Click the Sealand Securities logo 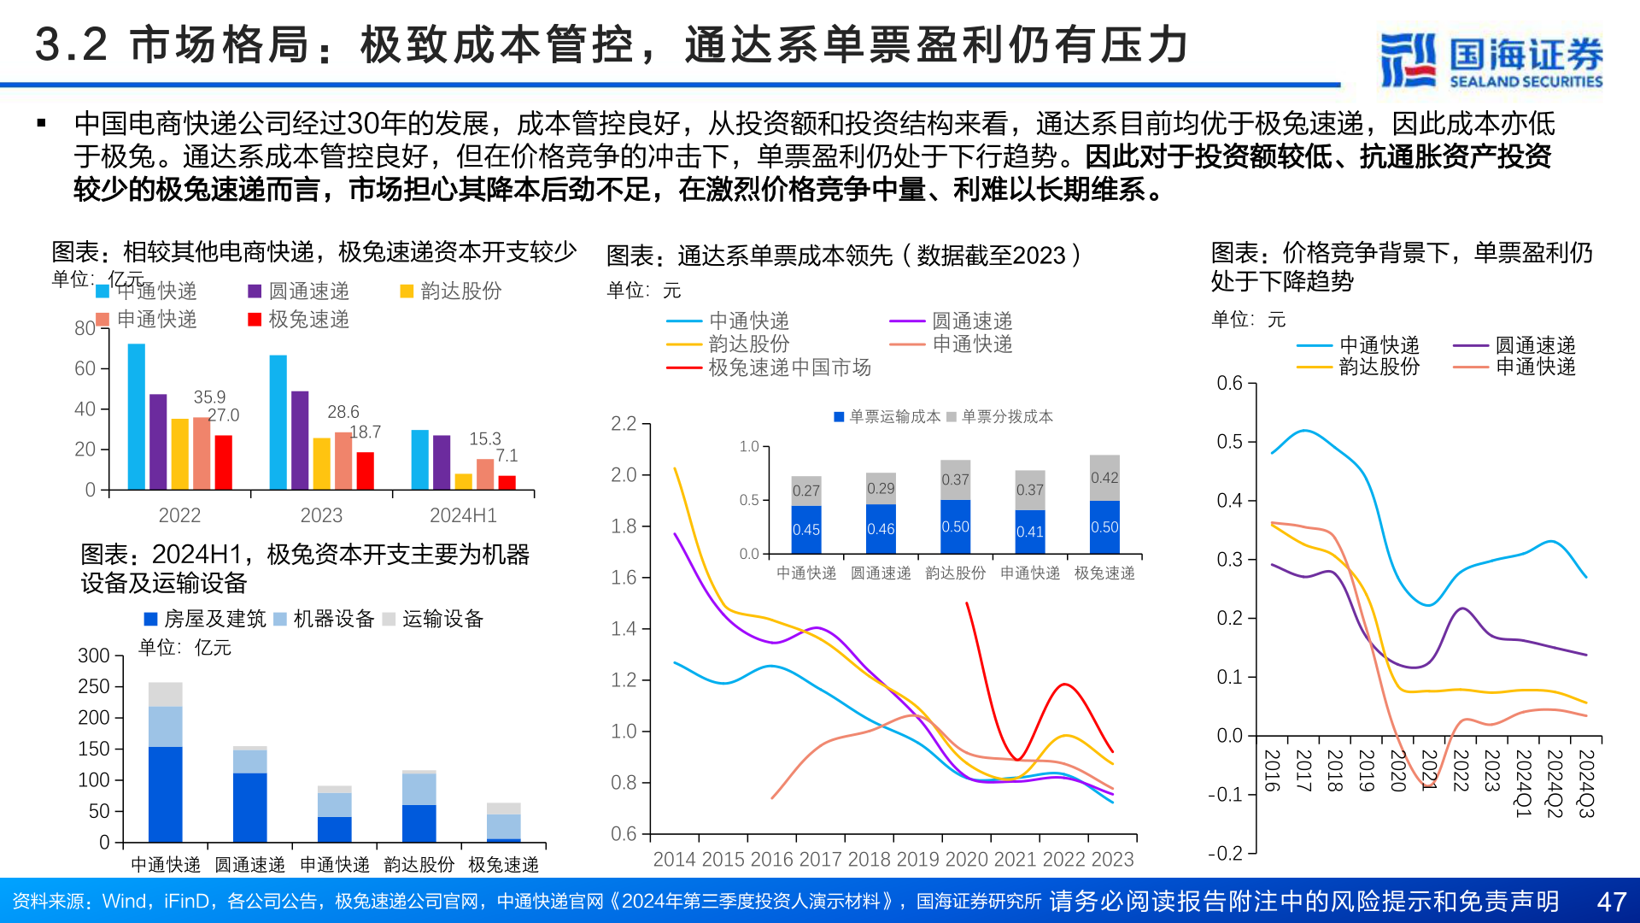[x=1491, y=60]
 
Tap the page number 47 [x=1611, y=902]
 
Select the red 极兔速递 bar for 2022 [x=223, y=461]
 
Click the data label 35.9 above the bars [x=209, y=397]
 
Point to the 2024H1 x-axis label [x=463, y=515]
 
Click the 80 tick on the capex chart [x=85, y=328]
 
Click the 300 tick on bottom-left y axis [x=94, y=656]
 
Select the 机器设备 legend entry [x=325, y=619]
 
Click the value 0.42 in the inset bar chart [x=1104, y=478]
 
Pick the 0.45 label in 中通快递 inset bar [x=805, y=530]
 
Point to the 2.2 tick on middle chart [x=624, y=424]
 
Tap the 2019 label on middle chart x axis [x=918, y=859]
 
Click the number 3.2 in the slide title [x=72, y=44]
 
